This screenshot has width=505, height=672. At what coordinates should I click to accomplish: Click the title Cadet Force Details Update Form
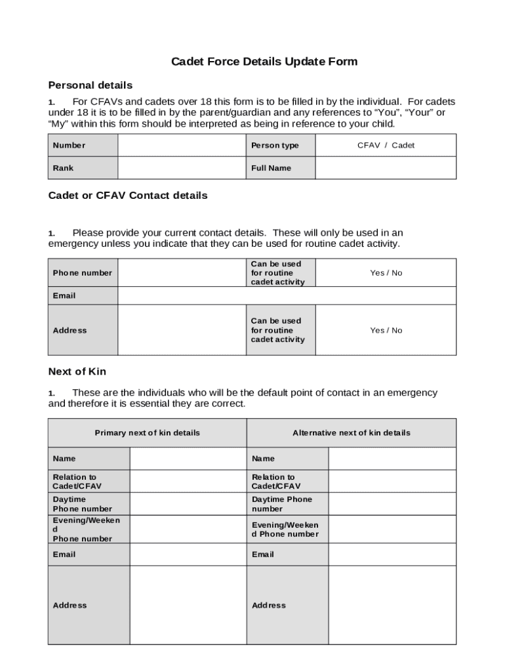point(264,62)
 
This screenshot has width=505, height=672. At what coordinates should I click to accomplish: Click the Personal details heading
point(91,85)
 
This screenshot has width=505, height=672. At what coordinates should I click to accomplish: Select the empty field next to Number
point(182,146)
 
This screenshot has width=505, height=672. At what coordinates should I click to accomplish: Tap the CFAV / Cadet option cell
point(386,146)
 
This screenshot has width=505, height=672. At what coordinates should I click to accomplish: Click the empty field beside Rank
point(182,168)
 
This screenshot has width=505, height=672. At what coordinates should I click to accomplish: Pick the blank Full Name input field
point(386,168)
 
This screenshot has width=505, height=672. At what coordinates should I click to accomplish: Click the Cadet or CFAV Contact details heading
point(128,196)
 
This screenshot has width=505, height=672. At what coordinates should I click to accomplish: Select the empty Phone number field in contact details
point(182,273)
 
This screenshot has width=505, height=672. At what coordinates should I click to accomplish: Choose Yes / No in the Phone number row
point(386,273)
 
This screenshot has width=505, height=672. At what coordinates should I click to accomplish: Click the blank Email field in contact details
point(287,296)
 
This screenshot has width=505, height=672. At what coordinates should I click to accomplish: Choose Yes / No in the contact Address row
point(386,330)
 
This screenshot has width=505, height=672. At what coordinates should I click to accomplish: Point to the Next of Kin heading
point(77,372)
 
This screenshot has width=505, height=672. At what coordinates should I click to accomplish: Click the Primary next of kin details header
point(148,433)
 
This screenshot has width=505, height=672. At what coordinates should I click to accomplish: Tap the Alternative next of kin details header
point(352,433)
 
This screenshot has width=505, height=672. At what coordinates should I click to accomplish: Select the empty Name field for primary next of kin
point(188,459)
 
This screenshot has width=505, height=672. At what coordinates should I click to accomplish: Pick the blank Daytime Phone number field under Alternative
point(392,504)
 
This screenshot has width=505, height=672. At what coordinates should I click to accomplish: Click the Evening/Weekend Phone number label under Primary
point(86,530)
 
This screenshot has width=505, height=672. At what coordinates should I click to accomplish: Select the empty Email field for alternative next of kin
point(392,555)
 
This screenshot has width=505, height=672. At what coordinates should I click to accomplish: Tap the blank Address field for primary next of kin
point(188,605)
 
